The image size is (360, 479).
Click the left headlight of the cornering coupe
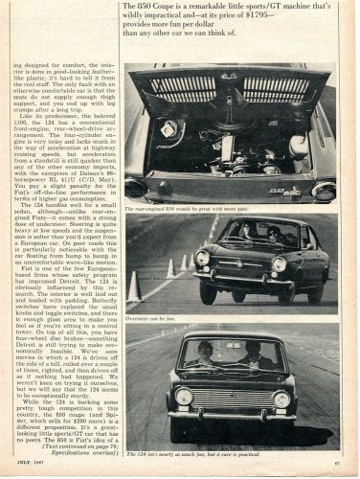pos(202,258)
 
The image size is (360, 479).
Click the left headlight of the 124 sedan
pos(183,396)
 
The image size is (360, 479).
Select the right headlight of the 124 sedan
pos(281,398)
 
